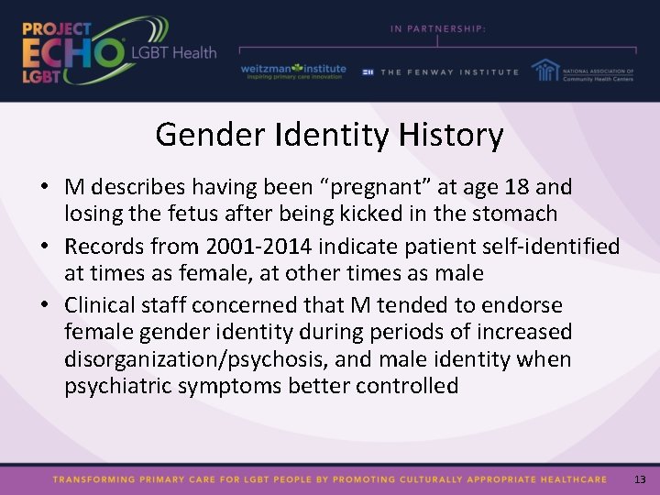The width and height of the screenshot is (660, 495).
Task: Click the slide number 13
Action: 640,479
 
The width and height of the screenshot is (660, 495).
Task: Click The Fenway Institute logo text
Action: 449,71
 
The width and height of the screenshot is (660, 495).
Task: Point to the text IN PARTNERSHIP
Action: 438,29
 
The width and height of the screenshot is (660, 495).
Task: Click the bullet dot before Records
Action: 44,247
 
